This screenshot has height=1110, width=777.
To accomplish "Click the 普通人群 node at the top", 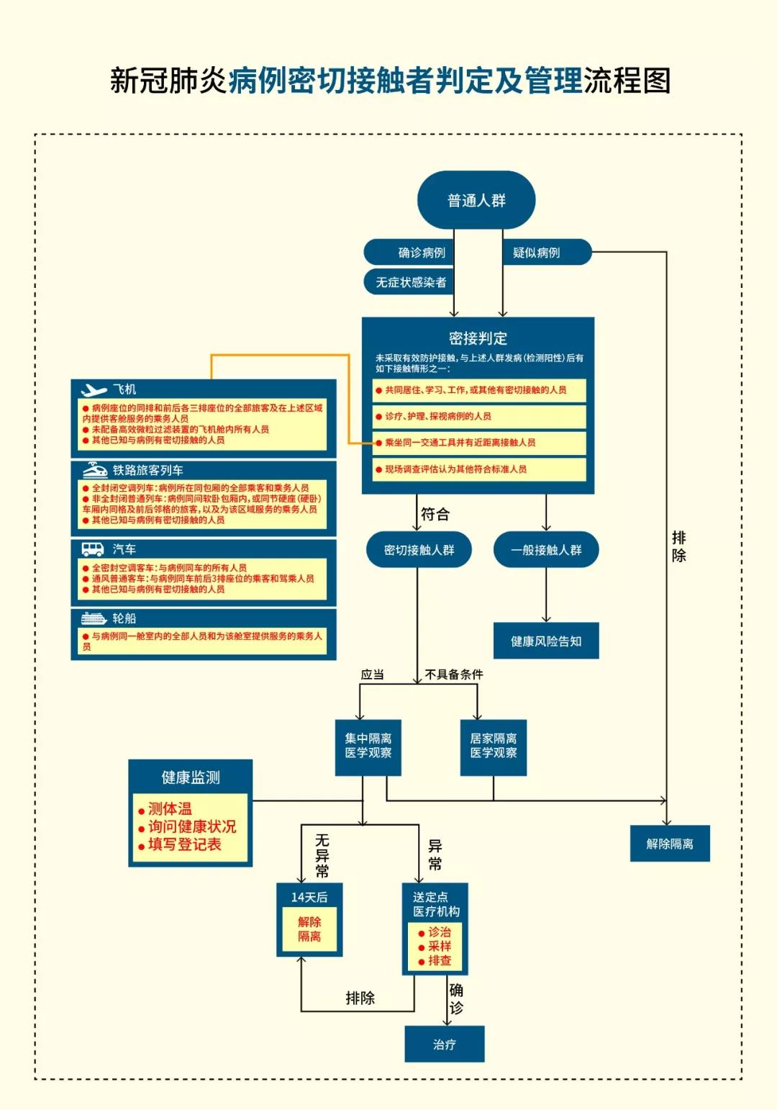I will pos(476,200).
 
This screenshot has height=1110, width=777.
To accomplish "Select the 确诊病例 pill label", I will pos(422,253).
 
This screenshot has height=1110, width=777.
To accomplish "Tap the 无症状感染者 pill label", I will pos(411,282).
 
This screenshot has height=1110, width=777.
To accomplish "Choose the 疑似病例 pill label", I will pos(536,253).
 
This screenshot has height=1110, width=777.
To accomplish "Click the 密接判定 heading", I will pos(478,338).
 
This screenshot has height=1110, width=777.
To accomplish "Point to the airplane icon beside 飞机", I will pos(94,389).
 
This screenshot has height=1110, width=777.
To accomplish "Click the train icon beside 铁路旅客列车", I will pos(95,470).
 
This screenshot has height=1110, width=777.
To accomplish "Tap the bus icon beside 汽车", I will pos(94,549).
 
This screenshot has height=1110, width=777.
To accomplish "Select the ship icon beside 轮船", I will pos(94,618).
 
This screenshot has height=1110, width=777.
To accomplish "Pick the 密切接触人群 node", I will pos(419,550).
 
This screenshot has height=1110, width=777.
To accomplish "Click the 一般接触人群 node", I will pos(546,550).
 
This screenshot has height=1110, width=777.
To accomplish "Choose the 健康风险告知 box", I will pos(546,641).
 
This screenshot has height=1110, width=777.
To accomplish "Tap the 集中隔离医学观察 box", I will pos(368,746).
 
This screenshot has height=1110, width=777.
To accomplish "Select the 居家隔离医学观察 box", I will pos(494,746).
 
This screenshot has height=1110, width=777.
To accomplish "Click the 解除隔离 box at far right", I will pos(670,844).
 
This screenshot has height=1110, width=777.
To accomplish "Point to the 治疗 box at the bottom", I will pos(444,1044).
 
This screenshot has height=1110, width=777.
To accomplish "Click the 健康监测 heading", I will pos(191,777).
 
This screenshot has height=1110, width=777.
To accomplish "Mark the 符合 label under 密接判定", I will pos(435,514).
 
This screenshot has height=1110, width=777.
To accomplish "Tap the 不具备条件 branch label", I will pos(454,674).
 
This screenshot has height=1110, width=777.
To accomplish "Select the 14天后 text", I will pos(309,897).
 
